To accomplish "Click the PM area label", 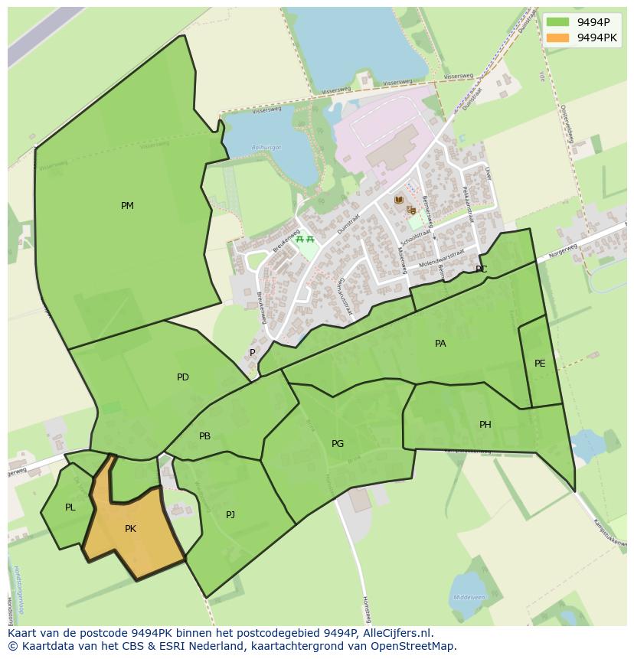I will click(x=127, y=206).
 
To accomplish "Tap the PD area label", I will click(x=182, y=377).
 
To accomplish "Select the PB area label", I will click(x=204, y=436).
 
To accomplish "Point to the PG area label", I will click(x=338, y=444).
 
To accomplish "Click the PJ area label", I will click(x=230, y=515).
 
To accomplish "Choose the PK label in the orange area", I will click(x=130, y=529).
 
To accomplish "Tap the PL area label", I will click(x=70, y=507).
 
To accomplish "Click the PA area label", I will click(x=440, y=344).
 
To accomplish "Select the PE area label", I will click(x=540, y=364).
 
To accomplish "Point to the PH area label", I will click(x=485, y=425).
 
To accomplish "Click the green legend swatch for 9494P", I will click(x=558, y=22).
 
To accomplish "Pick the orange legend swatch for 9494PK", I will click(x=558, y=38).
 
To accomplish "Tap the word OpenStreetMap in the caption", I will click(x=419, y=646).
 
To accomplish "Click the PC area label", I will click(x=481, y=269).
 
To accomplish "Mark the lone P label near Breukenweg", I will click(x=252, y=353).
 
